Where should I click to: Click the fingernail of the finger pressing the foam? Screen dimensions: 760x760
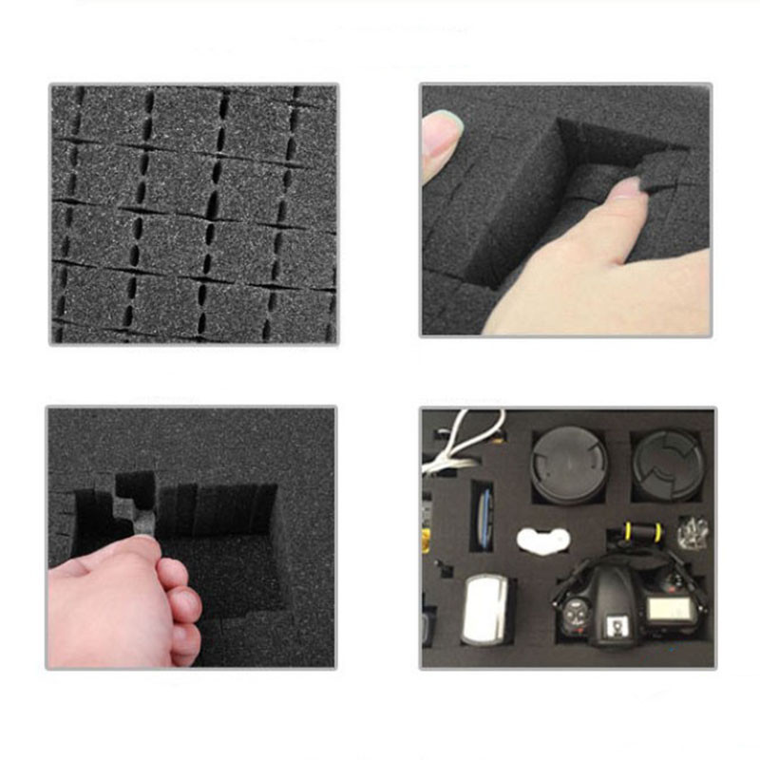pos(626,187)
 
